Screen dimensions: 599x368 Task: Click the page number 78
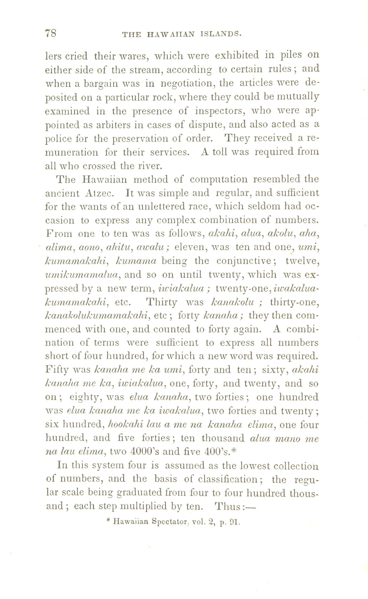click(51, 34)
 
